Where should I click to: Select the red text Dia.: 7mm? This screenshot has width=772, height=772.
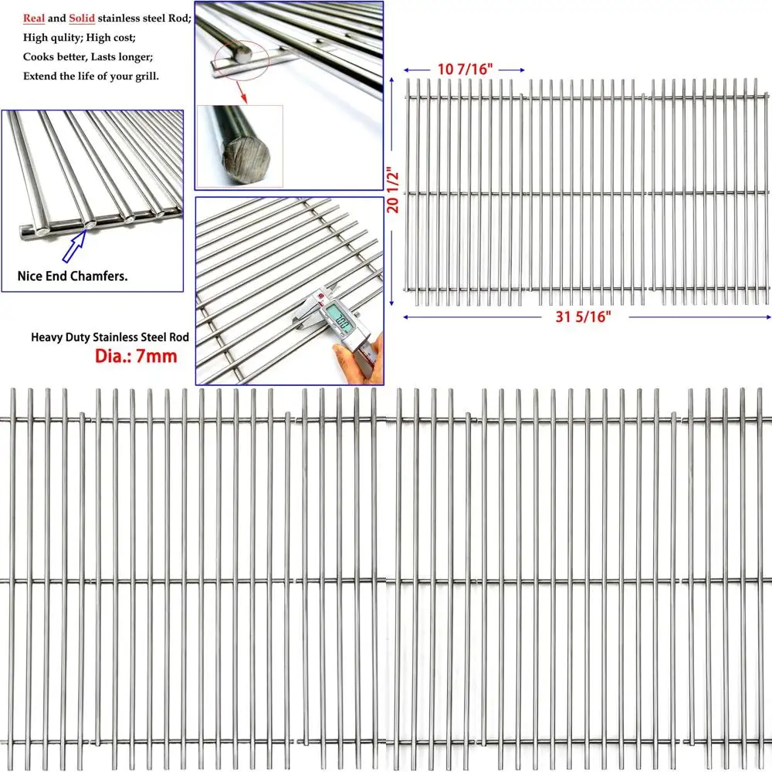coord(136,356)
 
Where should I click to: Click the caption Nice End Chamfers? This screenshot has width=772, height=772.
coord(73,276)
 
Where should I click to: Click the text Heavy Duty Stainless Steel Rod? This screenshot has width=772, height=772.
coord(110,337)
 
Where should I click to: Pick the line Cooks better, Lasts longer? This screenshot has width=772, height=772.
coord(87,56)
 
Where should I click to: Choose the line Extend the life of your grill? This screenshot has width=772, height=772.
coord(90,76)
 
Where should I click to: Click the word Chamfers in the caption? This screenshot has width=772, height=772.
coord(100,276)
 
